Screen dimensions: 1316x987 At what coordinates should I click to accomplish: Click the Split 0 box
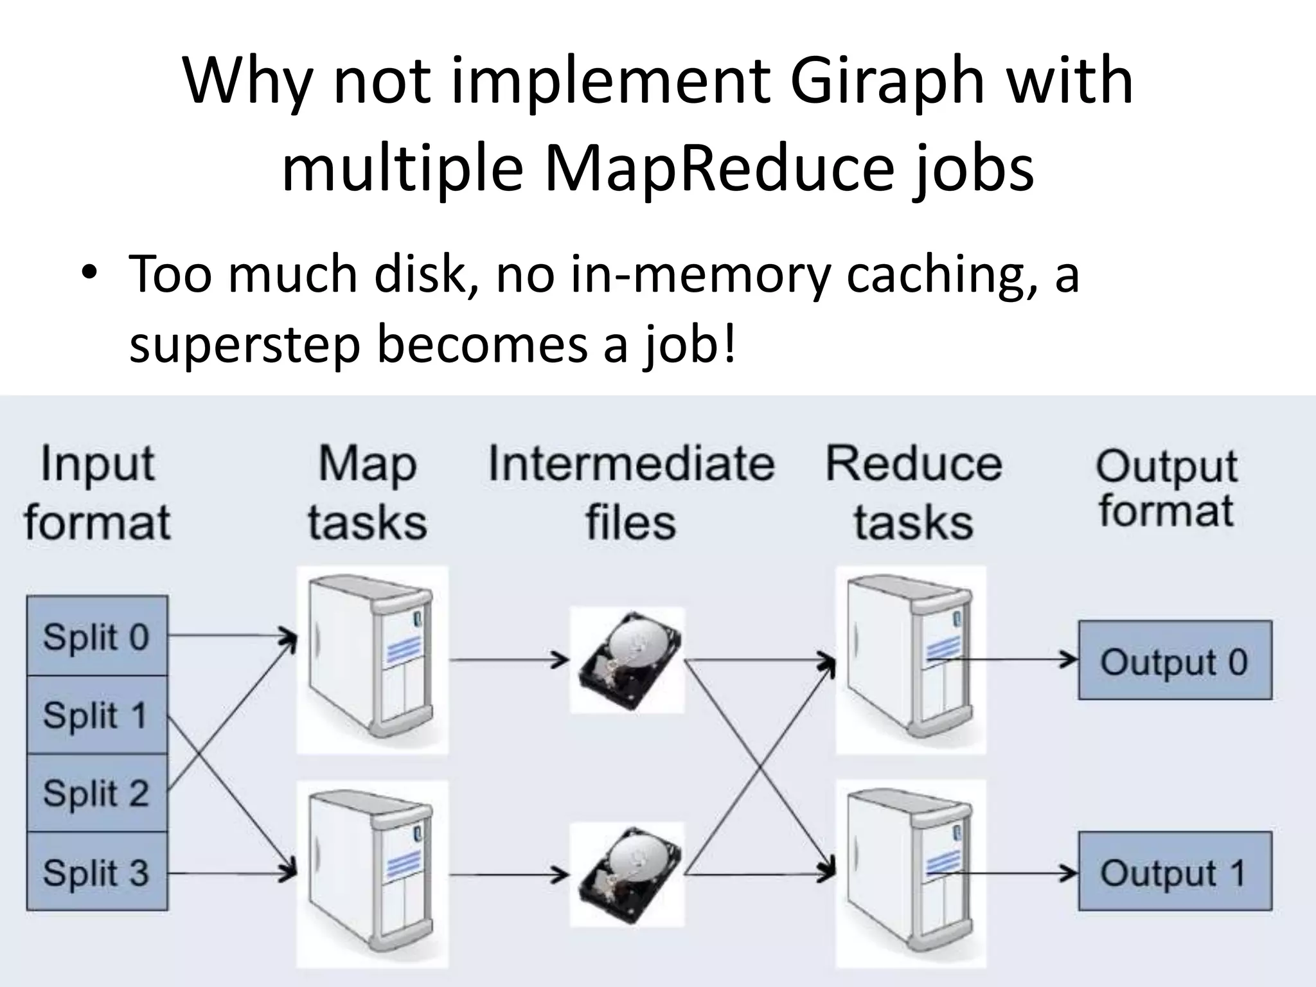(96, 636)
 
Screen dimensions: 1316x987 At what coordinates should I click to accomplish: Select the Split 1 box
(96, 715)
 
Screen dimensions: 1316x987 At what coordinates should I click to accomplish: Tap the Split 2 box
(96, 793)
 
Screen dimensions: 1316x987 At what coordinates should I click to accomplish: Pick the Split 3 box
(96, 872)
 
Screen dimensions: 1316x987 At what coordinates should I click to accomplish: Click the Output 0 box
(1175, 660)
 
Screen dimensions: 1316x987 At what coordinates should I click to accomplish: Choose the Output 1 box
(1175, 872)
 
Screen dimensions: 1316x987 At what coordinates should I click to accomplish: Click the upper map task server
(372, 660)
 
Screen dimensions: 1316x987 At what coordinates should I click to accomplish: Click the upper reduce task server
(911, 660)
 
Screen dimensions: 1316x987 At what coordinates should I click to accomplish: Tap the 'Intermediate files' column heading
(631, 492)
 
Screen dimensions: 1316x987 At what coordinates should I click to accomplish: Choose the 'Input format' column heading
(98, 492)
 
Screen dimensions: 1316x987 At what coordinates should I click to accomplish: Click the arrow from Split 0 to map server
(231, 636)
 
